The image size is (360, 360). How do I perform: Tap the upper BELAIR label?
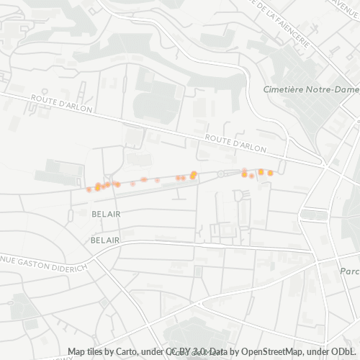click(106, 214)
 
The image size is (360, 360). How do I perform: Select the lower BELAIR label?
click(106, 239)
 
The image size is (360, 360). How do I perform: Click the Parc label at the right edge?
click(350, 271)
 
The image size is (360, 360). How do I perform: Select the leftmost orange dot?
click(89, 189)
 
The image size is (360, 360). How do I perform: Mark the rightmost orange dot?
click(271, 173)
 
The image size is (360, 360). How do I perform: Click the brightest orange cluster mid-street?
click(194, 174)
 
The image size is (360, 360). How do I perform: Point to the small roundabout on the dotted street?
click(221, 174)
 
